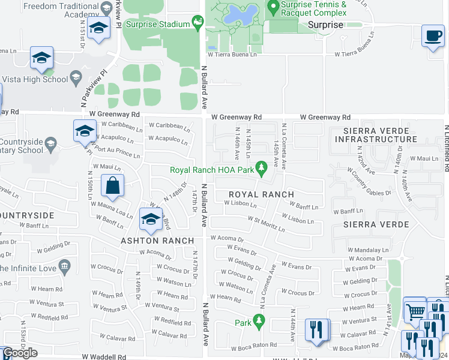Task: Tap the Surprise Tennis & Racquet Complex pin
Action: [x=273, y=8]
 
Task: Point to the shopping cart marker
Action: [x=414, y=310]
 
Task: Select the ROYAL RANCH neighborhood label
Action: [x=261, y=194]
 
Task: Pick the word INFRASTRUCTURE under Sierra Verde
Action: [x=376, y=139]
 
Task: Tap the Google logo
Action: [x=20, y=353]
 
